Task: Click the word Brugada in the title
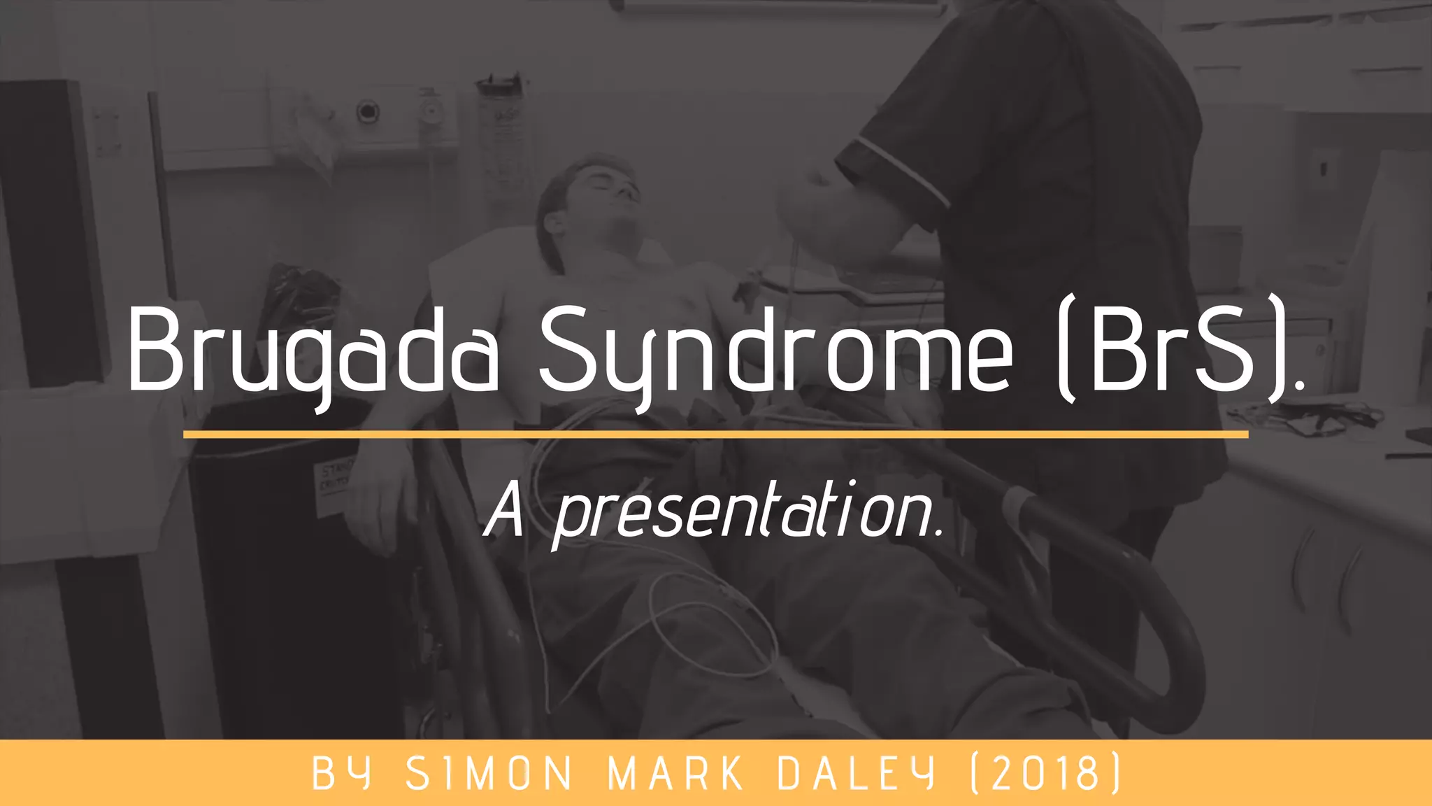click(313, 350)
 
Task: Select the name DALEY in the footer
click(856, 774)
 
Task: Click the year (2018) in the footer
click(1046, 774)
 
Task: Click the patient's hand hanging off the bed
click(378, 504)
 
